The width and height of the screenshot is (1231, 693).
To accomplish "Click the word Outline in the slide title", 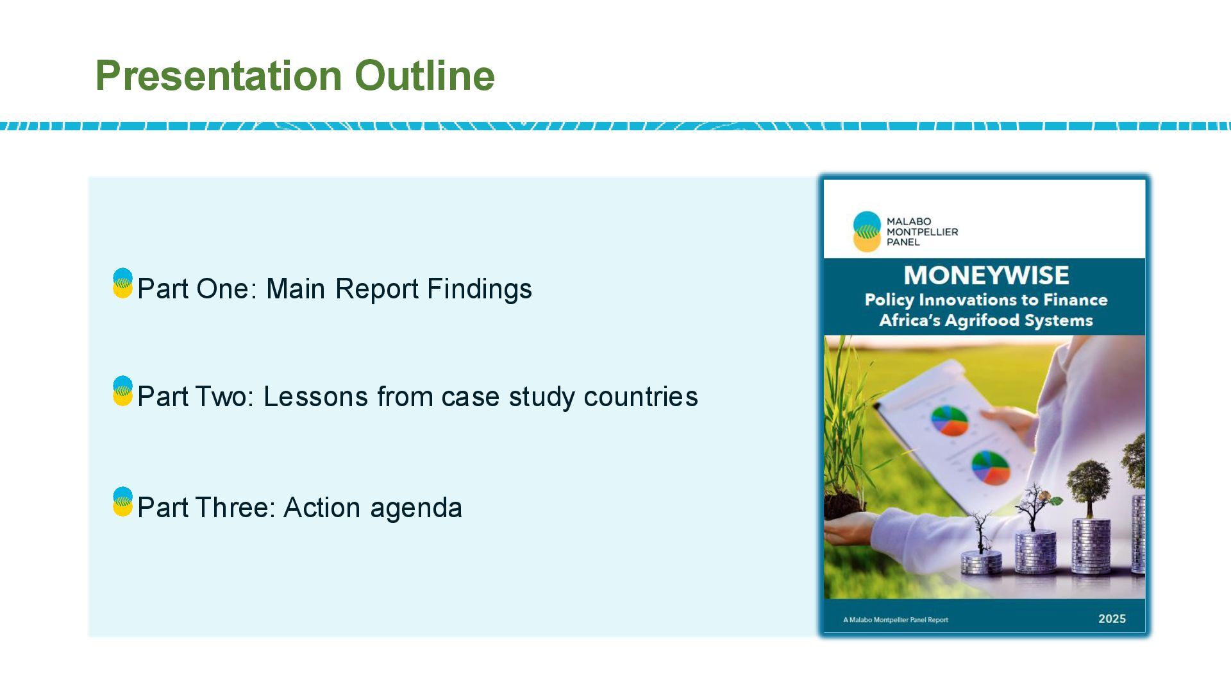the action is (424, 76).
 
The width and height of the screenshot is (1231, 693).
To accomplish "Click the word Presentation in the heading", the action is (219, 76).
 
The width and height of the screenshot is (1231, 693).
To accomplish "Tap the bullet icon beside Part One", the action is (122, 284).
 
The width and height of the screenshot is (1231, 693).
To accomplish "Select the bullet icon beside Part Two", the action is (122, 391).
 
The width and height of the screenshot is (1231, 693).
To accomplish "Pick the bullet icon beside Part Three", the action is (122, 502).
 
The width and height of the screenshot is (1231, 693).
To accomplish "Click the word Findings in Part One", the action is (480, 289).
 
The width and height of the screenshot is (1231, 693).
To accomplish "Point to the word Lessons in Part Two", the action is (316, 397).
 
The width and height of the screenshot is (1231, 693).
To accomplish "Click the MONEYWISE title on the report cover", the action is (986, 275).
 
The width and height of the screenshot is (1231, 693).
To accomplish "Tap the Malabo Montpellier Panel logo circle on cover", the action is (867, 231).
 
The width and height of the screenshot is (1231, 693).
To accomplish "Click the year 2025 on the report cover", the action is (1112, 619).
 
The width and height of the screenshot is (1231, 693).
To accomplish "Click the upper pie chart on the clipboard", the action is (950, 420).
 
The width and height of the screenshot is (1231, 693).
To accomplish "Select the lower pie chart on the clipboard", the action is (991, 467).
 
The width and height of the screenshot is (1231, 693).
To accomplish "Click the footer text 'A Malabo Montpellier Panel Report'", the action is (895, 620).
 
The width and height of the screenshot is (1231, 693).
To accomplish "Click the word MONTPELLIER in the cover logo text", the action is (922, 232).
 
